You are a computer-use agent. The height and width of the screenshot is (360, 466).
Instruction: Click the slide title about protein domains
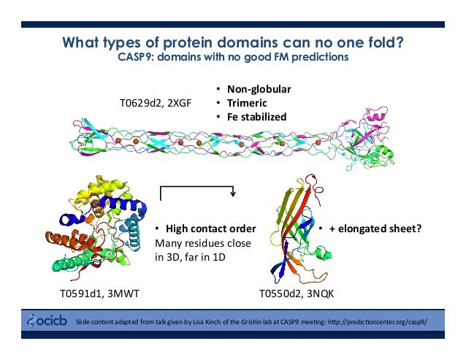coord(232,42)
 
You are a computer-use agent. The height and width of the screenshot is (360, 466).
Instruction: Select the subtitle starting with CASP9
coord(232,58)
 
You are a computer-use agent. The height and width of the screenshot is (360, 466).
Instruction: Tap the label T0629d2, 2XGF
coord(156,104)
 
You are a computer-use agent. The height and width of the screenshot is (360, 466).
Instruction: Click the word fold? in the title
coord(383,42)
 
